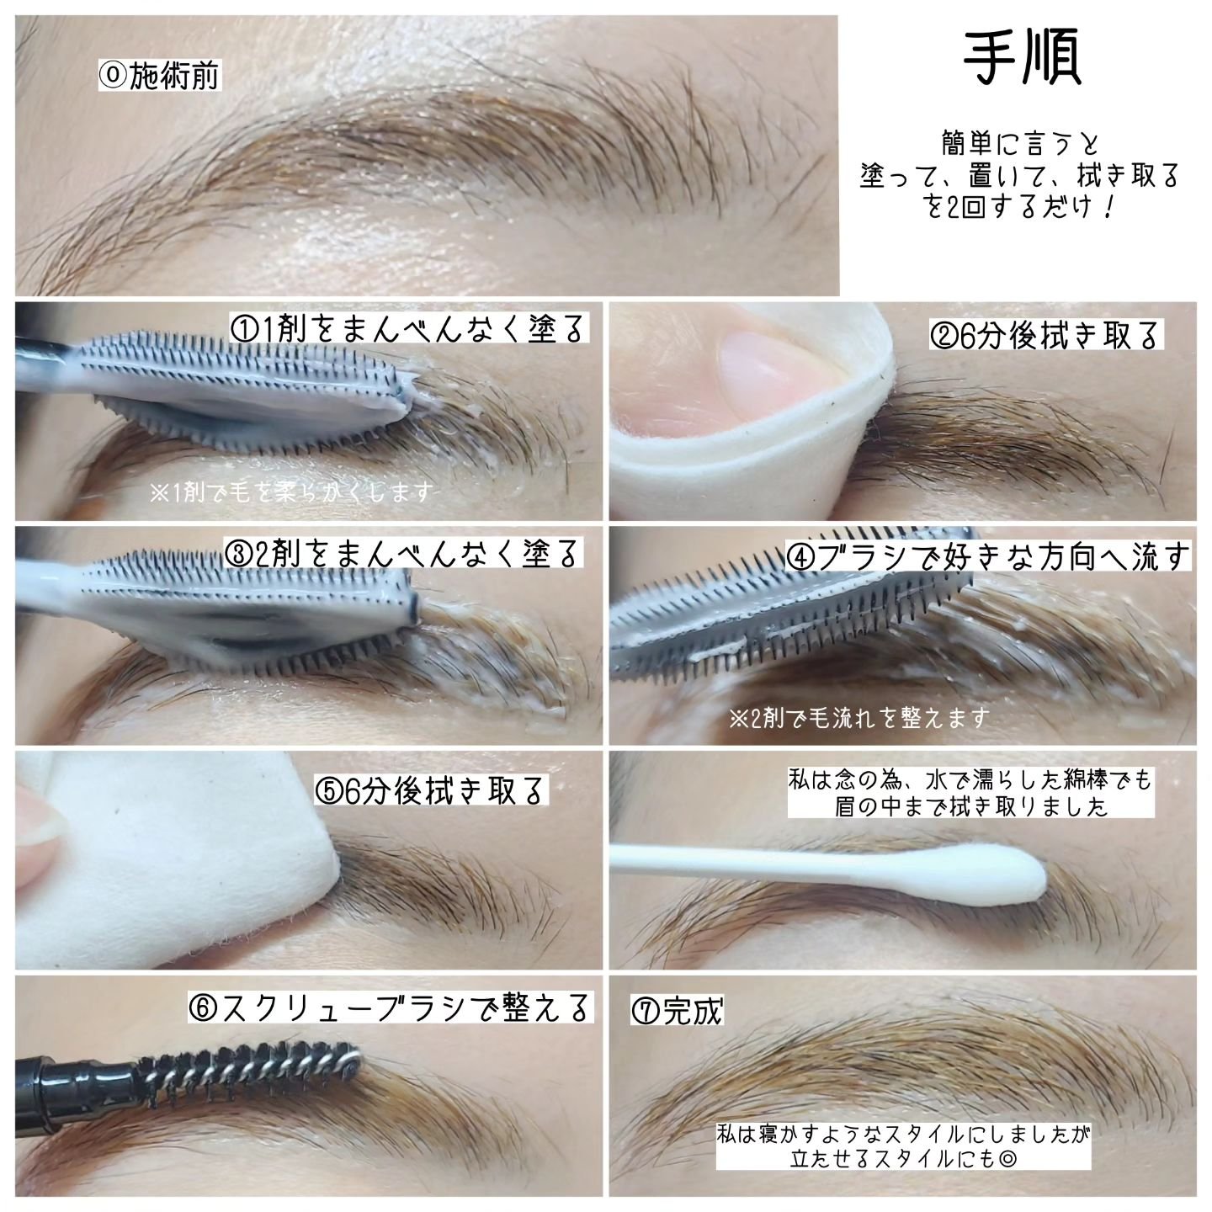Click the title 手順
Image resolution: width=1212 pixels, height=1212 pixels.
pos(1022,59)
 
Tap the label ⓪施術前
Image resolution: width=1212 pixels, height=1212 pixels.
pos(160,76)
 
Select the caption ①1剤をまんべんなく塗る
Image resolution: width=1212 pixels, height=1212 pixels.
pos(408,327)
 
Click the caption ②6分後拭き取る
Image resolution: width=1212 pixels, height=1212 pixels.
pos(1046,334)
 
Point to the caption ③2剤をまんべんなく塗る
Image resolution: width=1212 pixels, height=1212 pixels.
pos(403,553)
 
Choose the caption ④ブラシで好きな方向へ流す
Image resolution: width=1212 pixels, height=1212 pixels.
pos(989,556)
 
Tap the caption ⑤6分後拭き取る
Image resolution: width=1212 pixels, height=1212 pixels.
pos(431,790)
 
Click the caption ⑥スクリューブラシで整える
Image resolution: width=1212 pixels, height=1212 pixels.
pos(391,1007)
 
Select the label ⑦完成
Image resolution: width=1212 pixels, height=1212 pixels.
pos(678,1011)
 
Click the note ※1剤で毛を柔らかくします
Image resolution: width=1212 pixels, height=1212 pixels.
pos(292,492)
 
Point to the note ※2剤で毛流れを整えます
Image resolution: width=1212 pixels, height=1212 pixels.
pos(859,718)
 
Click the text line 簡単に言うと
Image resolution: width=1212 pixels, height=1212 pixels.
pos(1020,144)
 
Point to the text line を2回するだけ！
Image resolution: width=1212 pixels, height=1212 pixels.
pos(1020,207)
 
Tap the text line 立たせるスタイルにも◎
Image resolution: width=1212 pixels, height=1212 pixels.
pos(903,1157)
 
